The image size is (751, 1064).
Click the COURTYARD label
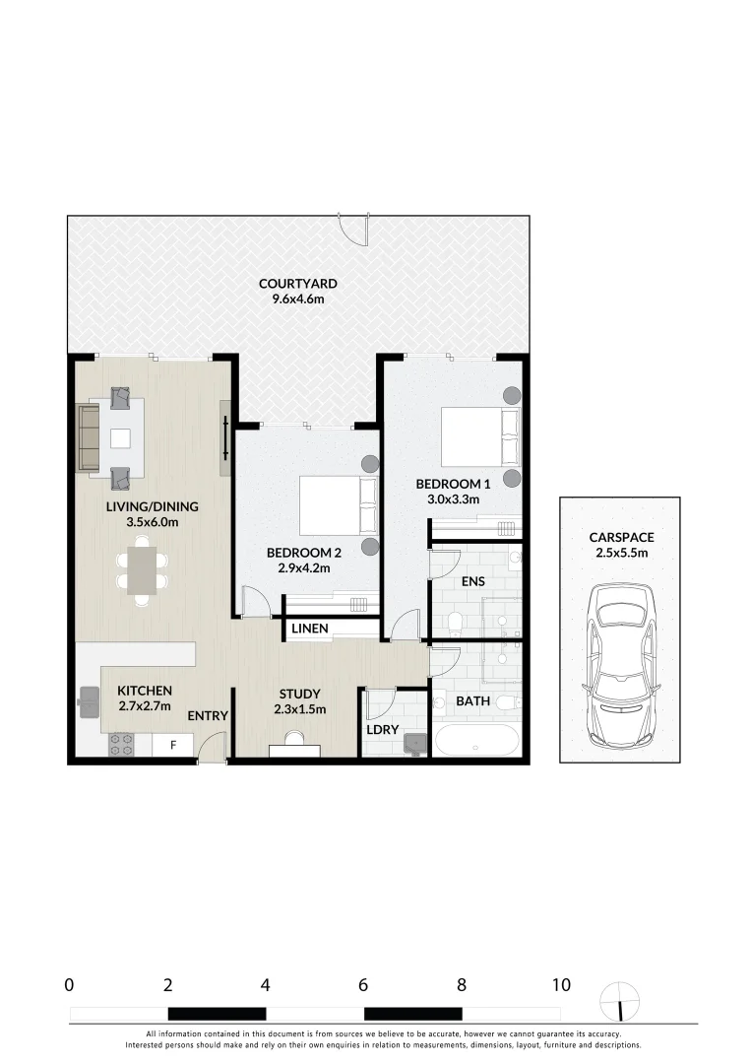tap(297, 284)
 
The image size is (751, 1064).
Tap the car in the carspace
tap(619, 666)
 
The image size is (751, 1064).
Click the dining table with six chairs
tap(143, 568)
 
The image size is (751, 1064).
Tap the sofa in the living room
tap(89, 437)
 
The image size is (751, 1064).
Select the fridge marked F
tap(173, 746)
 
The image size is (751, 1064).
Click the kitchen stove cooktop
tap(122, 745)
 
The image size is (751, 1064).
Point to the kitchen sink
tap(90, 700)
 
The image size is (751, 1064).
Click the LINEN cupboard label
tap(309, 628)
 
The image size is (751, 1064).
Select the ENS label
tap(473, 581)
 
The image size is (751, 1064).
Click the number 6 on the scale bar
tap(363, 984)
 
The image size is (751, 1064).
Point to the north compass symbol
tap(619, 1002)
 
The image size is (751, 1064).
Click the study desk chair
tap(294, 739)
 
